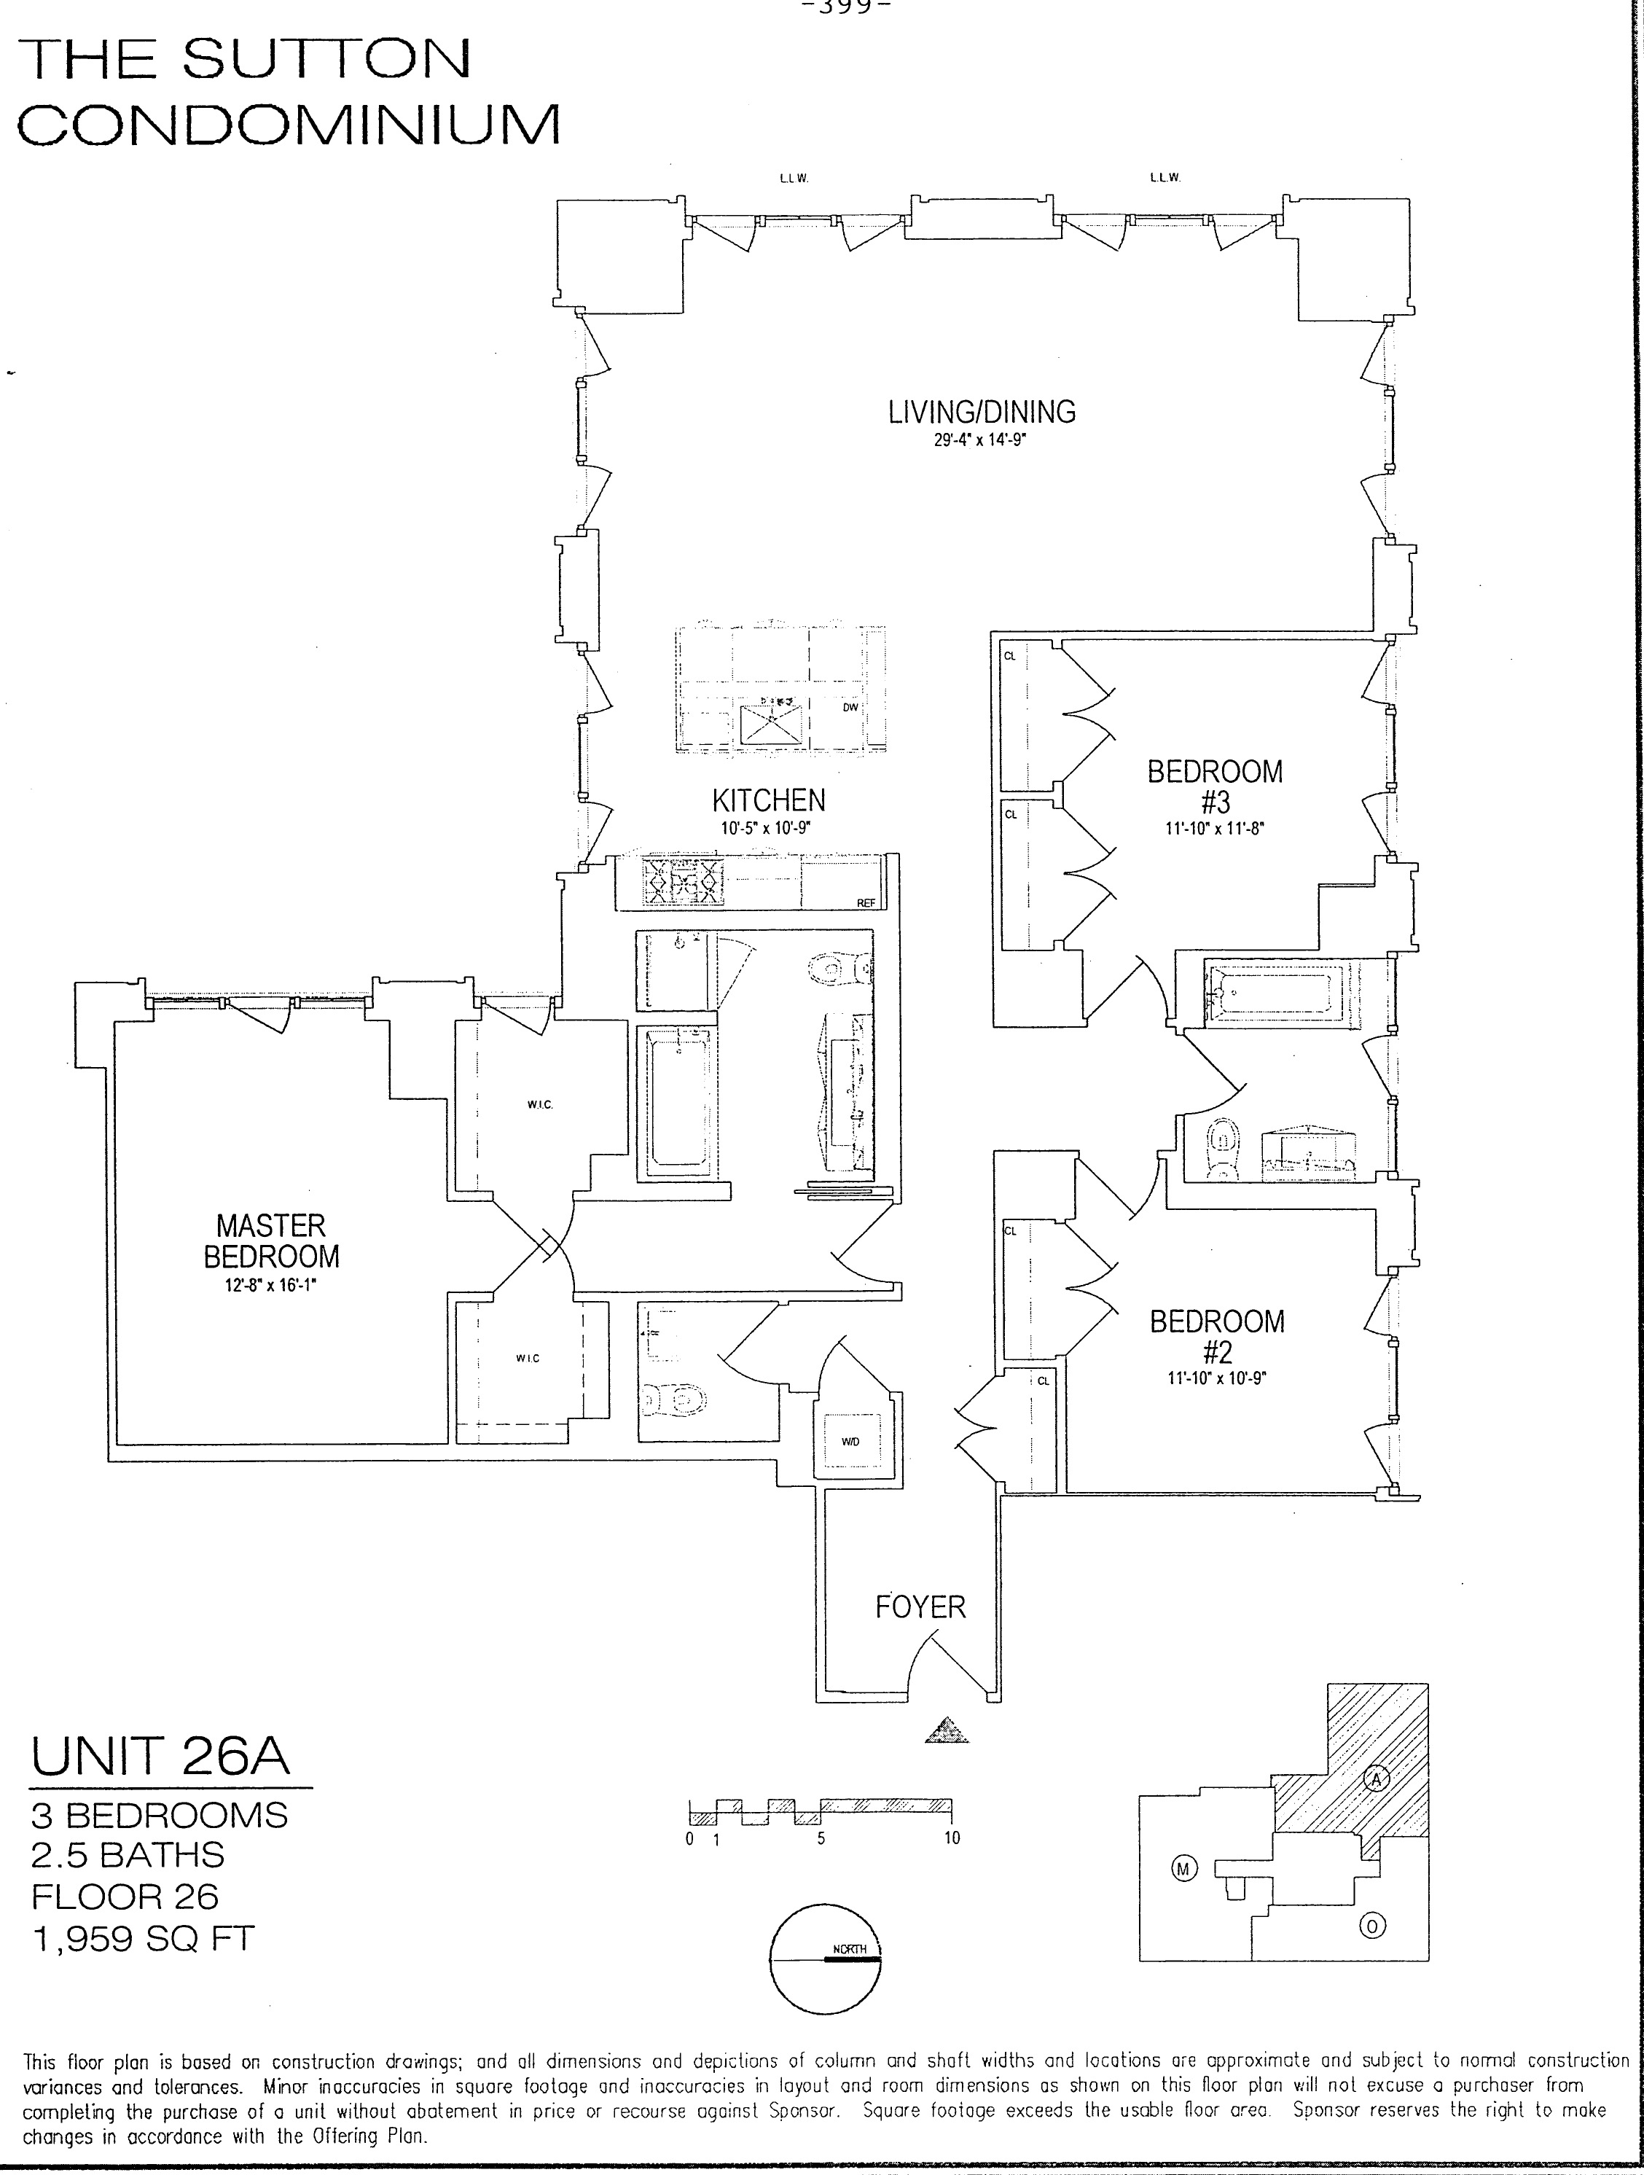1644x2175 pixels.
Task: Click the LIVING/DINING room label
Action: (x=982, y=411)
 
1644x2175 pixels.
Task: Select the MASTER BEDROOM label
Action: (x=271, y=1240)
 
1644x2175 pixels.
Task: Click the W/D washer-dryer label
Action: (x=850, y=1442)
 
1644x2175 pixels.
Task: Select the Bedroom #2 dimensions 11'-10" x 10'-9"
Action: (x=1216, y=1378)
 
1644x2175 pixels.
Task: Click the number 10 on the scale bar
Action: (x=951, y=1838)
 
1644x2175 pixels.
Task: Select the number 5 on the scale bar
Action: (x=820, y=1838)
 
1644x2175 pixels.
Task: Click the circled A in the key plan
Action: (x=1377, y=1778)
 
